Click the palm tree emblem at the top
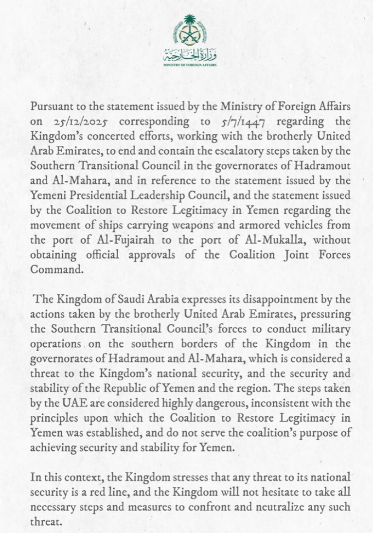point(190,30)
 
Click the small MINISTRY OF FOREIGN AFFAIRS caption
point(190,65)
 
